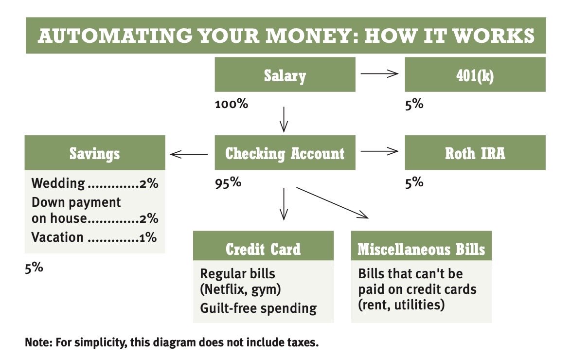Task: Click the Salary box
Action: coord(285,76)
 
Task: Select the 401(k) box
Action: coord(475,76)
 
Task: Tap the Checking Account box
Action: coord(285,153)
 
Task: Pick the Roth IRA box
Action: coord(475,153)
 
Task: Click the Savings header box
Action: coord(94,154)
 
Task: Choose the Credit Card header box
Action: coord(263,249)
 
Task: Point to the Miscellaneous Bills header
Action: coord(421,249)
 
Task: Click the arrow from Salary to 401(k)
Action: coord(379,74)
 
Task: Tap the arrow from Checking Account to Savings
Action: coord(189,155)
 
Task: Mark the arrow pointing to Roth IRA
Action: coord(379,151)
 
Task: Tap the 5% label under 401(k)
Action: coord(414,104)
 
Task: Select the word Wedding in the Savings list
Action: coord(58,183)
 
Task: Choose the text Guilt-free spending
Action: coord(258,308)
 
